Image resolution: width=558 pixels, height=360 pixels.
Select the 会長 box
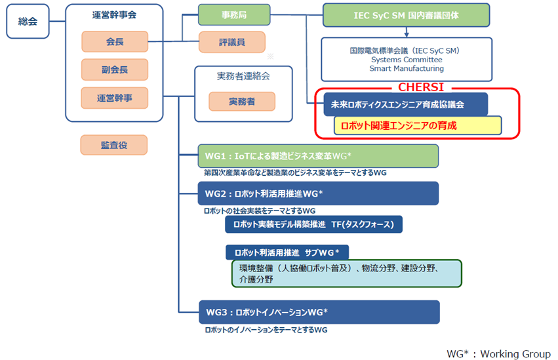(x=115, y=43)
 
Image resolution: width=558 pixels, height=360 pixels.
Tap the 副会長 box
(x=115, y=70)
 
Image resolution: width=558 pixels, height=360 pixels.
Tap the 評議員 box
(x=232, y=42)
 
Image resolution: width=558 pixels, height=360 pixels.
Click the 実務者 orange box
(x=242, y=102)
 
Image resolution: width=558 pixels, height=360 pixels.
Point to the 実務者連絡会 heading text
(x=243, y=76)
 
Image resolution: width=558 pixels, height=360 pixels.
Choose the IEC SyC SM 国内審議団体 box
(x=406, y=14)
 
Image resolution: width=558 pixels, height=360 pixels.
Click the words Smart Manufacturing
(x=406, y=68)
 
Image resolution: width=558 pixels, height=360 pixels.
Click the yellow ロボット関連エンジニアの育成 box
(x=417, y=125)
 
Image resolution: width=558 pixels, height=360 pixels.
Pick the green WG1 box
(x=318, y=156)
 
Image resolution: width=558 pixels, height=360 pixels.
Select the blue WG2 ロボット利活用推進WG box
(x=318, y=193)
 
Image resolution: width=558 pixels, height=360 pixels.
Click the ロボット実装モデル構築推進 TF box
(x=313, y=224)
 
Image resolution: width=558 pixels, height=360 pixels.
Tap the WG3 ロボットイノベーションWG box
(x=318, y=311)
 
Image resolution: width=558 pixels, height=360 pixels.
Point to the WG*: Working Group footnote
(x=498, y=353)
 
